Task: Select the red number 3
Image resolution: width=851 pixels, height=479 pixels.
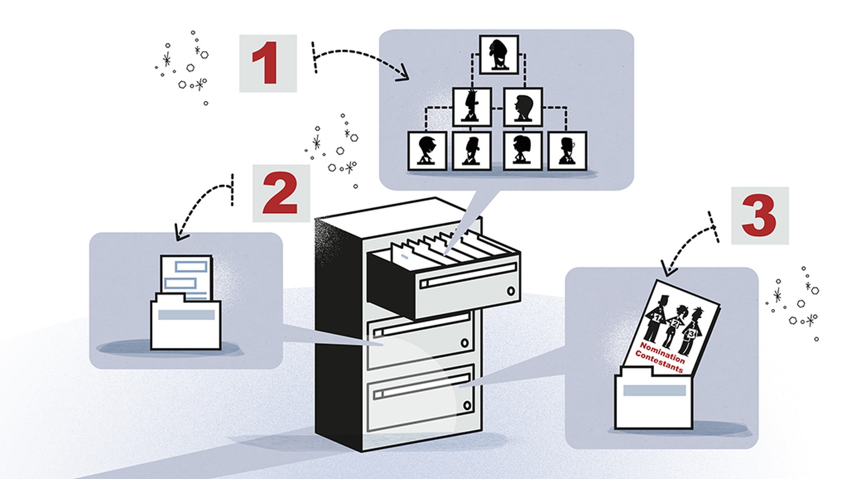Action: pyautogui.click(x=759, y=215)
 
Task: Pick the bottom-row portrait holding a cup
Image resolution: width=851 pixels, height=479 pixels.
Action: pyautogui.click(x=567, y=150)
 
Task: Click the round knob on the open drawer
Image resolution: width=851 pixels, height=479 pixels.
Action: pyautogui.click(x=511, y=291)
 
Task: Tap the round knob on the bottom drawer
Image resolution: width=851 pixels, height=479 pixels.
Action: pyautogui.click(x=466, y=405)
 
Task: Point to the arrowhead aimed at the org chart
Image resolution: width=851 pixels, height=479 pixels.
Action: pyautogui.click(x=402, y=77)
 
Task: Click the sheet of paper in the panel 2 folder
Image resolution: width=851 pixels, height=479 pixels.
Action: pyautogui.click(x=186, y=275)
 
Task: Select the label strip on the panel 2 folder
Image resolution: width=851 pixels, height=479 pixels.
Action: pyautogui.click(x=186, y=315)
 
